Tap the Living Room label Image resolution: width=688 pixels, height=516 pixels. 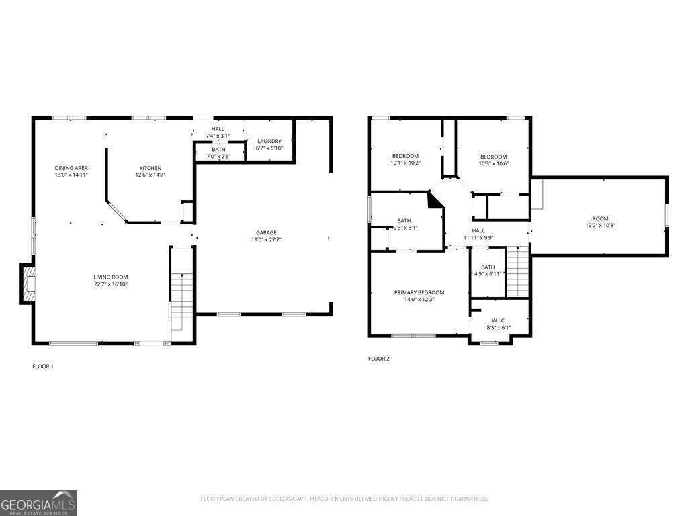coord(110,277)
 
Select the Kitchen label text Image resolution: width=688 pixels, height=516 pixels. coord(150,168)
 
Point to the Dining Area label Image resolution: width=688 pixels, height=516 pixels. coord(71,168)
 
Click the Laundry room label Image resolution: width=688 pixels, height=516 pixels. coord(269,141)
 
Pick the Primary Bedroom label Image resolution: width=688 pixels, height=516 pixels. coord(419,292)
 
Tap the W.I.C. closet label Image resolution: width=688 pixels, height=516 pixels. coord(499,320)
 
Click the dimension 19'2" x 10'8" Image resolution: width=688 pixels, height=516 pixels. coord(600,226)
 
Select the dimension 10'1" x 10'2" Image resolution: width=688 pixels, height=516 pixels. coord(405,163)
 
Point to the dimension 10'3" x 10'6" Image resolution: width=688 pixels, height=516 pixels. coord(493,163)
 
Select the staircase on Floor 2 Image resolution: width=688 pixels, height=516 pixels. coord(517,272)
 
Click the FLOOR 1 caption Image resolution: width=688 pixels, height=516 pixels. coord(42,366)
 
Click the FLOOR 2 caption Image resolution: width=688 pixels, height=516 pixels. coord(378,359)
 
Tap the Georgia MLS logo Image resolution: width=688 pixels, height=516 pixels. coord(38,503)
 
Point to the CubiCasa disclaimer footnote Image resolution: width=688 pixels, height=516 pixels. coord(344,499)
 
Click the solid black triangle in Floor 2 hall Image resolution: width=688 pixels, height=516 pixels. coord(435,200)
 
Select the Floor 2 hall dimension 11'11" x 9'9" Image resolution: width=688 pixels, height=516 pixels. coord(478,237)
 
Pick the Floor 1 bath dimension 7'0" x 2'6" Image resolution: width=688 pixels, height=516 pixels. coord(218,156)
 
